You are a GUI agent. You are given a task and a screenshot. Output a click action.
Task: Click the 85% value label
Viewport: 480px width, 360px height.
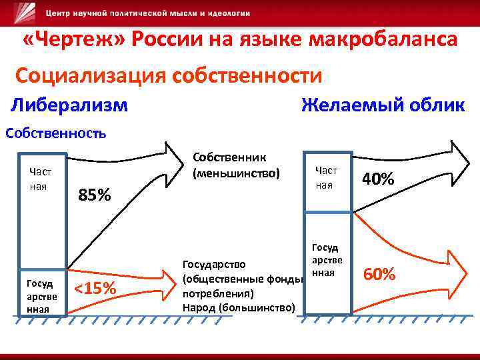(x=95, y=196)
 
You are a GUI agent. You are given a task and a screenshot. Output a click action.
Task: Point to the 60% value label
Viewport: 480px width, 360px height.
(x=379, y=274)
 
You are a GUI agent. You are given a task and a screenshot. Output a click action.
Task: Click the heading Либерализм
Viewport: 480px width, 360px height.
(x=70, y=105)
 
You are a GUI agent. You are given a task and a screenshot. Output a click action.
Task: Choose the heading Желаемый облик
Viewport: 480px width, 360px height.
(x=383, y=105)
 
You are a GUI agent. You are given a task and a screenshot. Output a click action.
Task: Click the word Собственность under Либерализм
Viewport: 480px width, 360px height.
(x=56, y=132)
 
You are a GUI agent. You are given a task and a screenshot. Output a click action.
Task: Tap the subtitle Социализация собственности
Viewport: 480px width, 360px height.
(x=169, y=75)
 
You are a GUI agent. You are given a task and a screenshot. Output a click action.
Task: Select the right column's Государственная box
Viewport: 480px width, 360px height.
(x=327, y=261)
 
